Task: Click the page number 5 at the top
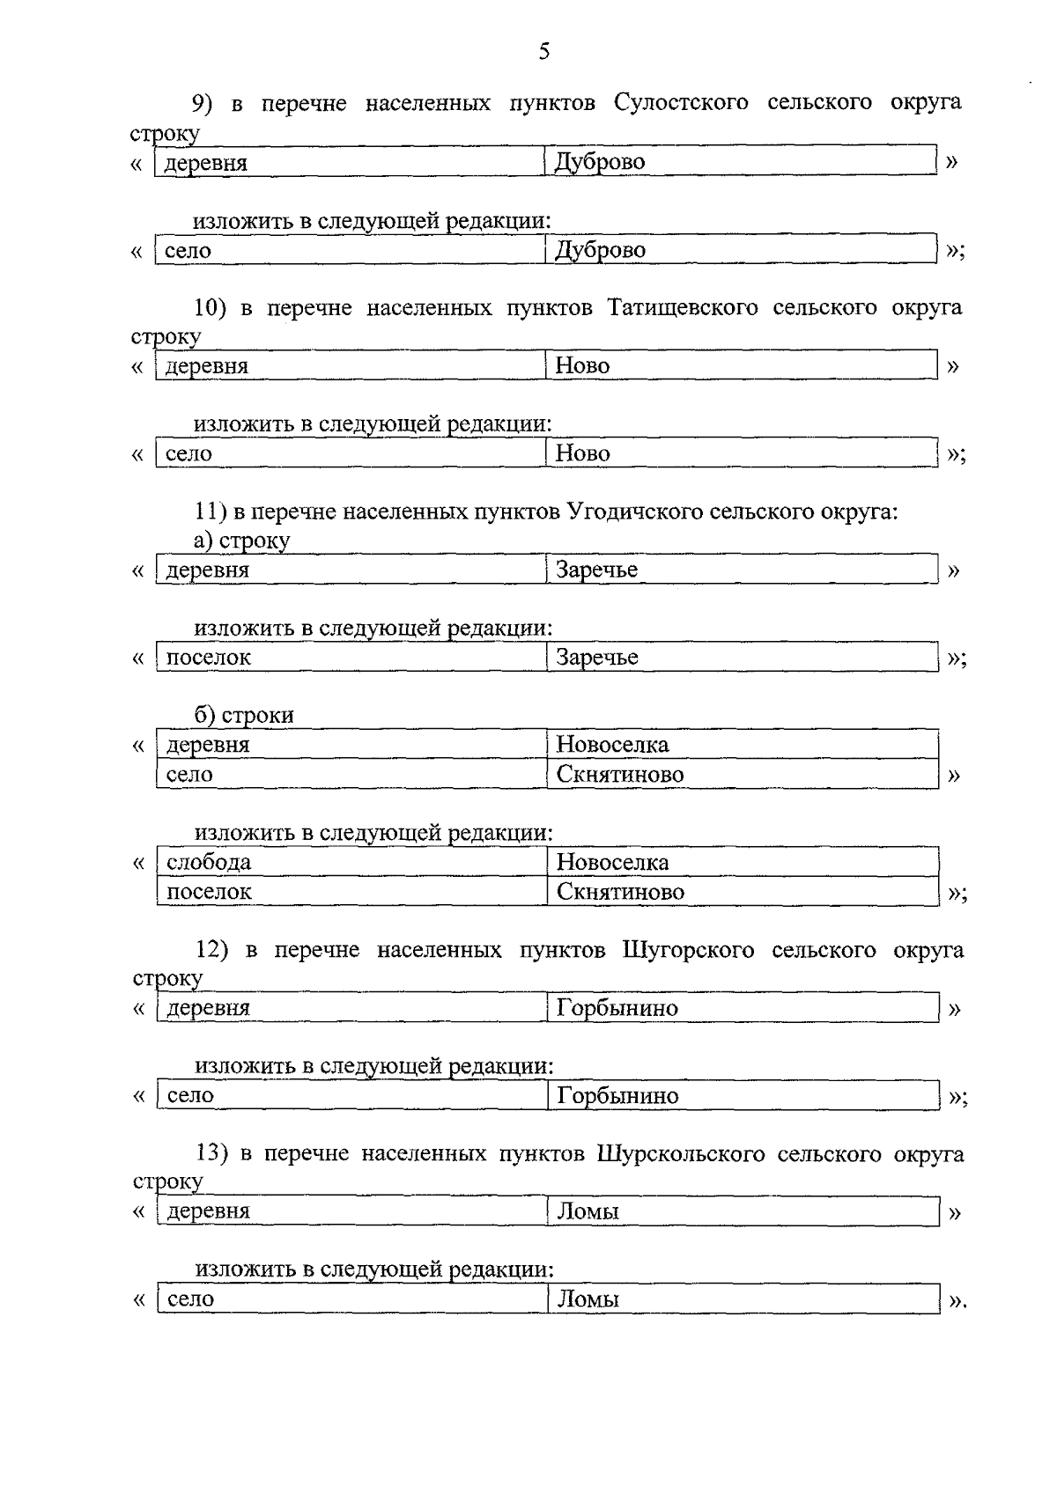pyautogui.click(x=543, y=52)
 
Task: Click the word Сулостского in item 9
pyautogui.click(x=681, y=103)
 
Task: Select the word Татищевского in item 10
pyautogui.click(x=683, y=308)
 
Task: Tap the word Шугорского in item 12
pyautogui.click(x=688, y=951)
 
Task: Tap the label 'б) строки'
pyautogui.click(x=244, y=716)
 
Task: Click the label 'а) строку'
pyautogui.click(x=241, y=541)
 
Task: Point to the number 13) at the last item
pyautogui.click(x=212, y=1154)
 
